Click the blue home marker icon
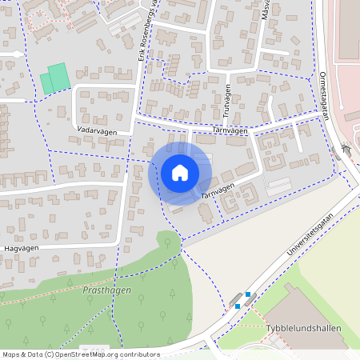coord(179,173)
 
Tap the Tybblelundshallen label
coord(305,329)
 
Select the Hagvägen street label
coord(22,249)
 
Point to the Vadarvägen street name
coord(98,128)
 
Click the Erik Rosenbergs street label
coord(145,32)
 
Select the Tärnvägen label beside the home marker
coord(218,189)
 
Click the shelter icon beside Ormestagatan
coord(346,148)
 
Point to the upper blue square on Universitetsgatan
coord(248,294)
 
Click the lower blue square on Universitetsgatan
coord(238,306)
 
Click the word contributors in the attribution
coord(135,354)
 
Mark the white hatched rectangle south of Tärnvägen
coord(278,186)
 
